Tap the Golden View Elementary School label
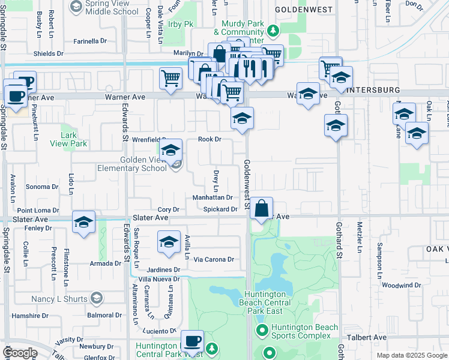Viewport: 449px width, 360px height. click(x=143, y=164)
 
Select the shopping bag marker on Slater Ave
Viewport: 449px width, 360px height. click(x=262, y=209)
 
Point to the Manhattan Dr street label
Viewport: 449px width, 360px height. click(x=212, y=197)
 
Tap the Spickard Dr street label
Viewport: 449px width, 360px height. click(x=220, y=209)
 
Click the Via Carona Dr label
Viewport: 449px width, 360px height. click(x=214, y=259)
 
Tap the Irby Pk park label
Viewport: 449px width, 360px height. click(x=180, y=23)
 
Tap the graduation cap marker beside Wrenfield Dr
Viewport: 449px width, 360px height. click(x=170, y=151)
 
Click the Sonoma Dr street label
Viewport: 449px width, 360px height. click(x=41, y=187)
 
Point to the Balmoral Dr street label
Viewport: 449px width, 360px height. click(x=104, y=314)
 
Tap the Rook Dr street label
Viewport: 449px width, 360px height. click(x=210, y=139)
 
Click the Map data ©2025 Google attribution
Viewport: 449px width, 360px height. click(x=412, y=355)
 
